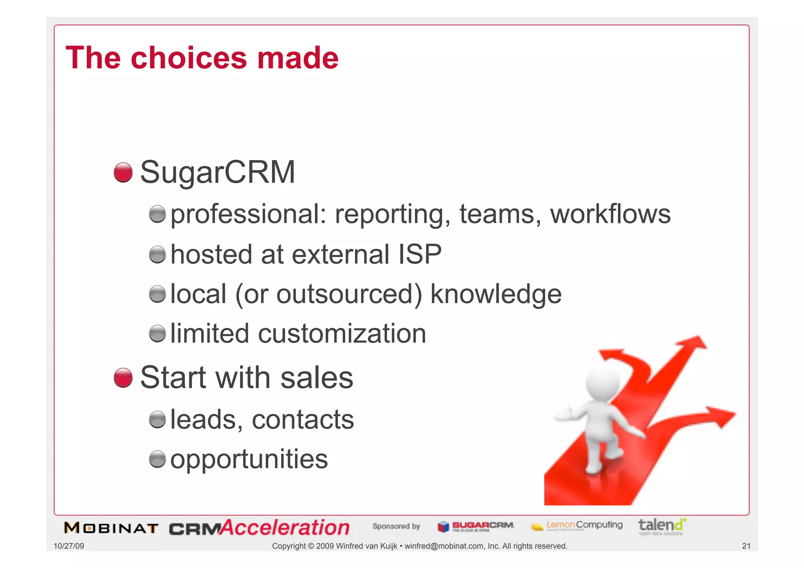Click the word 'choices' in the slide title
[x=188, y=58]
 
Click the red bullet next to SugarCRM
[x=123, y=172]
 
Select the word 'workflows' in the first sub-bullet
[x=610, y=214]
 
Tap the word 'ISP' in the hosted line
[x=420, y=254]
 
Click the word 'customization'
[x=342, y=334]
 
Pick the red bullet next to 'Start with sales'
[x=123, y=378]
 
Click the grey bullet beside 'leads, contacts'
[x=157, y=420]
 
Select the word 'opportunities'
[x=249, y=459]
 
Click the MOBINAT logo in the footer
[x=111, y=528]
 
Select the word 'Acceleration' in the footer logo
[x=285, y=527]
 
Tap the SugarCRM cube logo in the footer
[x=443, y=526]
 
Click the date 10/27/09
[x=69, y=546]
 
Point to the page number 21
[x=746, y=546]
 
